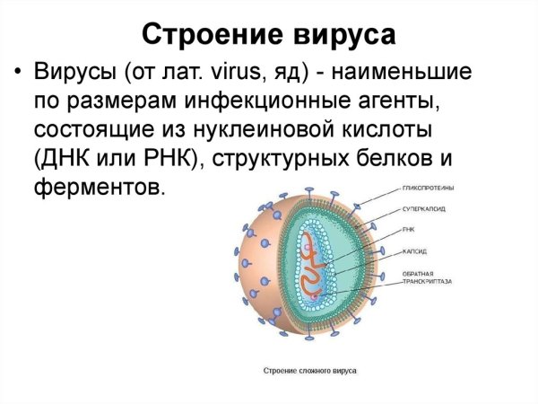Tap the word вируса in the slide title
tap(341, 35)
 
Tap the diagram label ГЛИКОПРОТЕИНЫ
tap(429, 188)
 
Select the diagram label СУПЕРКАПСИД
tap(425, 210)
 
